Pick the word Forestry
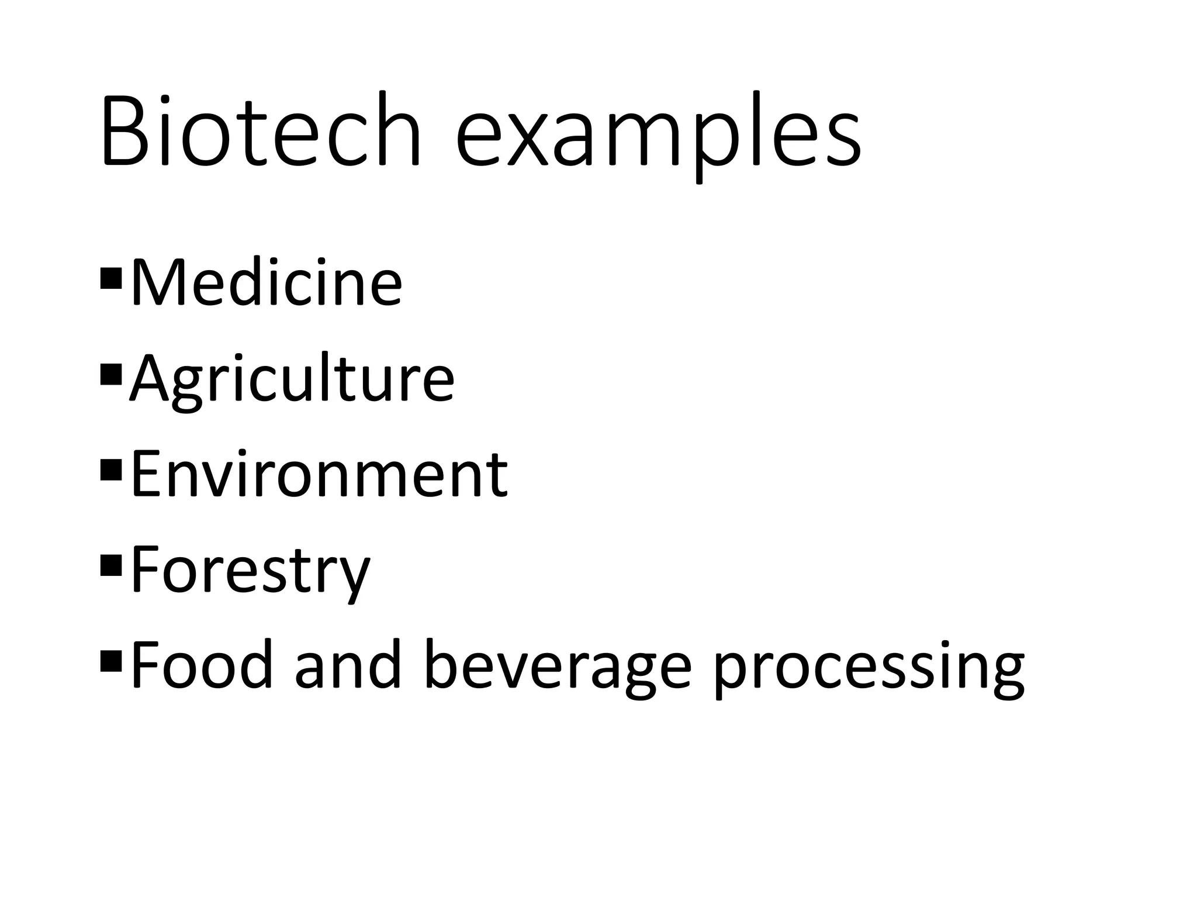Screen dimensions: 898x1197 (251, 571)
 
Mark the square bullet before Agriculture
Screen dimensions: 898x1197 (110, 374)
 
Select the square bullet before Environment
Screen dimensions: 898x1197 (110, 469)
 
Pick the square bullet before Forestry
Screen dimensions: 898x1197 (110, 565)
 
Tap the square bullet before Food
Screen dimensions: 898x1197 (110, 660)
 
